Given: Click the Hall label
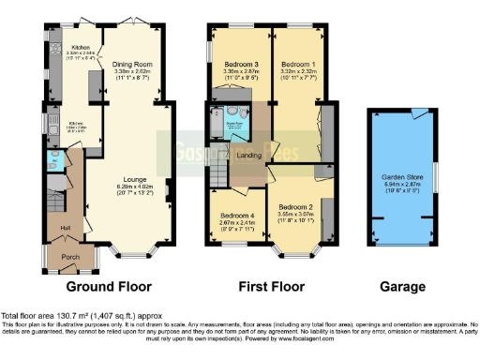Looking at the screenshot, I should pyautogui.click(x=67, y=227).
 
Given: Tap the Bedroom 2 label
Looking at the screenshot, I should pyautogui.click(x=295, y=204).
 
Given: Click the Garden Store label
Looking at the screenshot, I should pyautogui.click(x=404, y=176).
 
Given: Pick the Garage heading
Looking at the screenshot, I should pyautogui.click(x=403, y=287).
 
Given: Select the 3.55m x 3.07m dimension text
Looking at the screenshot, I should pyautogui.click(x=295, y=212).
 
